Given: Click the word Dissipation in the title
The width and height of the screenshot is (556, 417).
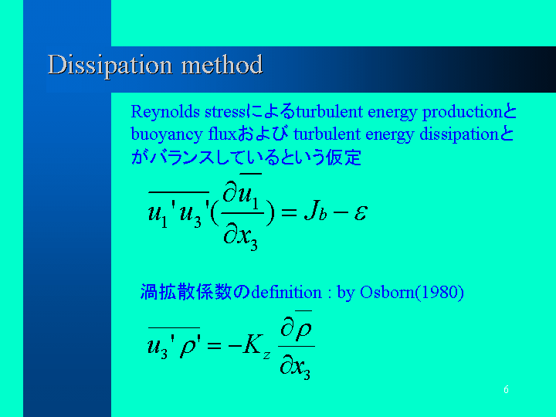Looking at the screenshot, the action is pyautogui.click(x=110, y=66).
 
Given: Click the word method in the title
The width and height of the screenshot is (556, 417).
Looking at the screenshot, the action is pyautogui.click(x=222, y=65).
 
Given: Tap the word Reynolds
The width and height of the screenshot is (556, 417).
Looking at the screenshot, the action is pyautogui.click(x=165, y=113).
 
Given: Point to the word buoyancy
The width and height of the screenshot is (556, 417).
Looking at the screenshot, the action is pyautogui.click(x=167, y=135).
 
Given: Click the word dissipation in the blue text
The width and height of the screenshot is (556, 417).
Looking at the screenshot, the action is pyautogui.click(x=459, y=135).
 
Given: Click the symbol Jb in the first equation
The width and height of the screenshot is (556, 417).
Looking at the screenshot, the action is pyautogui.click(x=315, y=212).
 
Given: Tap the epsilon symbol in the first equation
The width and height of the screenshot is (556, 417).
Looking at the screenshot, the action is pyautogui.click(x=361, y=213).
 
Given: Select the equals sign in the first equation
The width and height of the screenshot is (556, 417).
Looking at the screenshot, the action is pyautogui.click(x=288, y=212).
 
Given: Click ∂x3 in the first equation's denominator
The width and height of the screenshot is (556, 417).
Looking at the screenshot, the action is pyautogui.click(x=240, y=237).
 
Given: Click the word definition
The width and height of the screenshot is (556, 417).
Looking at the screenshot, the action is pyautogui.click(x=286, y=293).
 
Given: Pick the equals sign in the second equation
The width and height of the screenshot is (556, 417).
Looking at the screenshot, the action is pyautogui.click(x=214, y=345).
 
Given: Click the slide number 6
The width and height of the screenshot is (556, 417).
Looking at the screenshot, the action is pyautogui.click(x=506, y=390).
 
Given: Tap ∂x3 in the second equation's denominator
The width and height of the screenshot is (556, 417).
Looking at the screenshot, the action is pyautogui.click(x=295, y=368).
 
